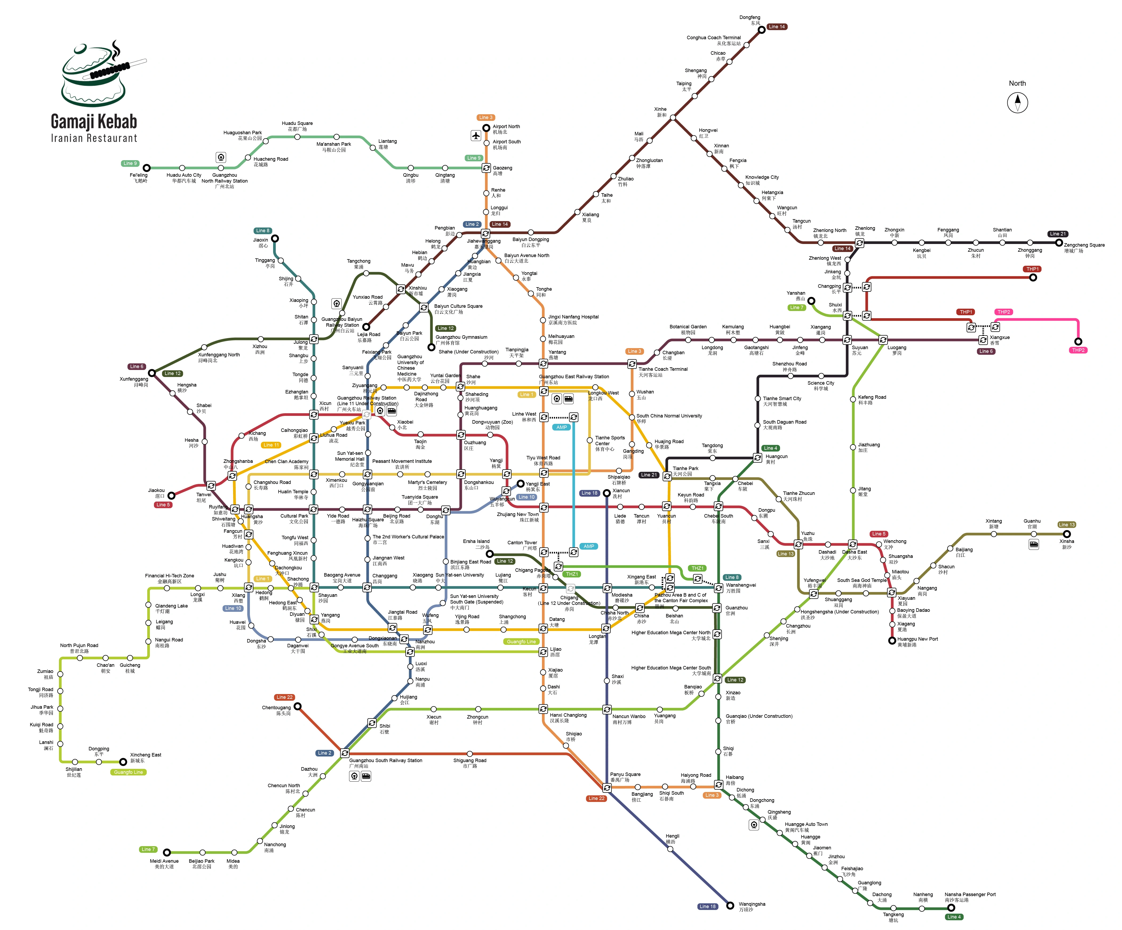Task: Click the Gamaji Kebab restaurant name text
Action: (x=94, y=122)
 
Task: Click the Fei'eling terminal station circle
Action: (x=146, y=168)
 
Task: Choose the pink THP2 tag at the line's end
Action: (x=1078, y=350)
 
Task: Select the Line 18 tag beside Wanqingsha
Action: (x=707, y=907)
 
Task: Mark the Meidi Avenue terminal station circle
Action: (x=167, y=852)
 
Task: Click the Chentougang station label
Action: (x=276, y=710)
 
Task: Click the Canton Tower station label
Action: (x=522, y=545)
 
